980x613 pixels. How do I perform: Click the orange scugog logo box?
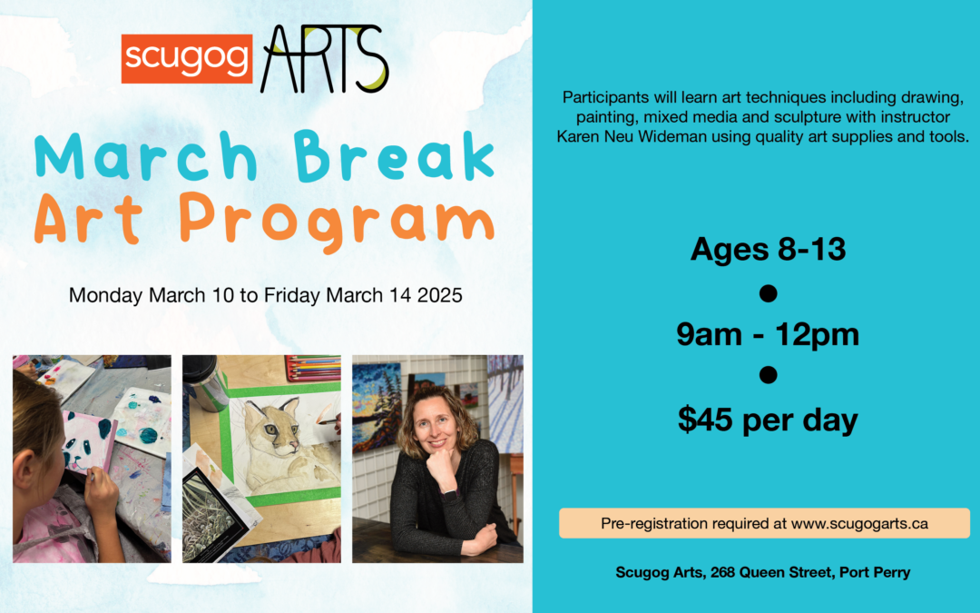click(186, 58)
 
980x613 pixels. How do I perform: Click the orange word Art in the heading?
click(87, 220)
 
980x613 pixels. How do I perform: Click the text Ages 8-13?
click(768, 249)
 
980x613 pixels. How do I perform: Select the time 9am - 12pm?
click(768, 335)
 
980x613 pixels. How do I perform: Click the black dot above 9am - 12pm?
click(768, 292)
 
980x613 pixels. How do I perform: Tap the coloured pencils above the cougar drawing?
click(312, 368)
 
